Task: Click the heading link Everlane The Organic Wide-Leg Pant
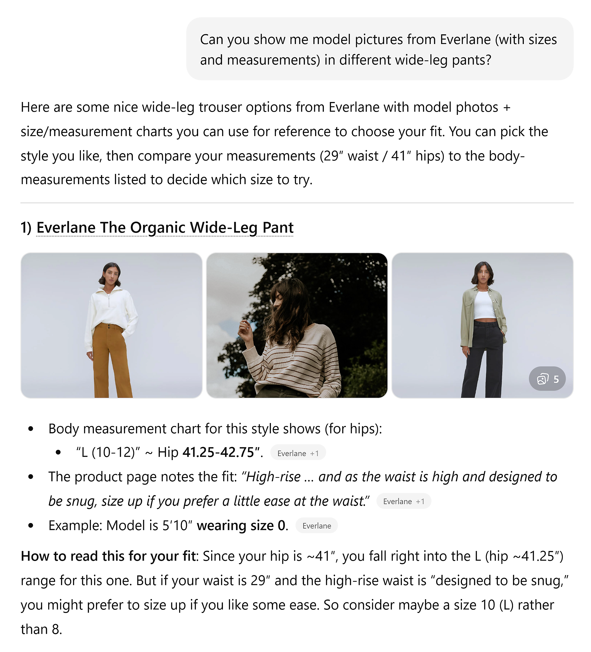coord(165,227)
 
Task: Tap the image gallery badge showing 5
coord(547,378)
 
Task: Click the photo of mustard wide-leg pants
coord(112,325)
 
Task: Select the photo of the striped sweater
coord(297,325)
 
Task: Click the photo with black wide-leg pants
coord(482,325)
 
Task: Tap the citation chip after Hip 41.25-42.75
coord(298,453)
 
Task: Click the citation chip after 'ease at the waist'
coord(403,501)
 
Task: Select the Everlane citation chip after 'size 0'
coord(316,526)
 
